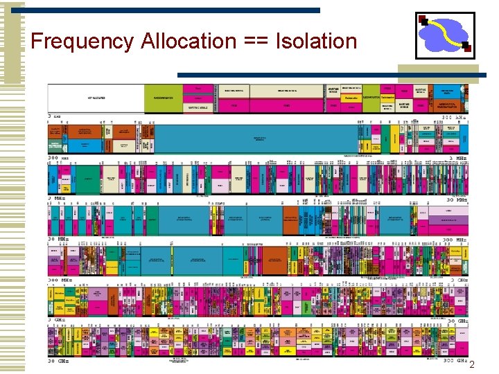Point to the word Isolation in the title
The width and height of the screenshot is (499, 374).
[316, 42]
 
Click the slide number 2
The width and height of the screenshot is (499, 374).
[472, 365]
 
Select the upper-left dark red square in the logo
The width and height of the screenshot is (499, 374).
[422, 19]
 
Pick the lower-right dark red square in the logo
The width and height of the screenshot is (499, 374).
[467, 48]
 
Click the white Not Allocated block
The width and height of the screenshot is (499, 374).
[96, 98]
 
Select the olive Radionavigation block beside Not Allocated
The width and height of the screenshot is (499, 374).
[164, 98]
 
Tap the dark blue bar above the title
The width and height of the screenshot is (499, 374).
[173, 10]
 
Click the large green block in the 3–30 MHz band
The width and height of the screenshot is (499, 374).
[87, 179]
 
